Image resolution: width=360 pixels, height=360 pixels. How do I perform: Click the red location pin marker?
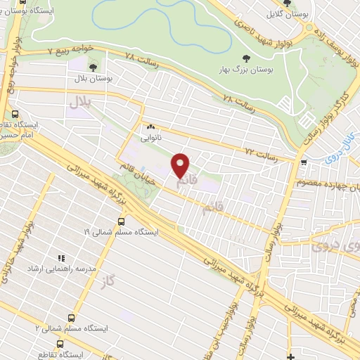181,165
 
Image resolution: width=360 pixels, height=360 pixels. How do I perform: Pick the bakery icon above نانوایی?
150,127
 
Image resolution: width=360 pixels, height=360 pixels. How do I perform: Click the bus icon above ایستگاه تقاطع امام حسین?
15,114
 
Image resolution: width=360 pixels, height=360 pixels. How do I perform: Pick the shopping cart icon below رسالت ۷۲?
303,162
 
